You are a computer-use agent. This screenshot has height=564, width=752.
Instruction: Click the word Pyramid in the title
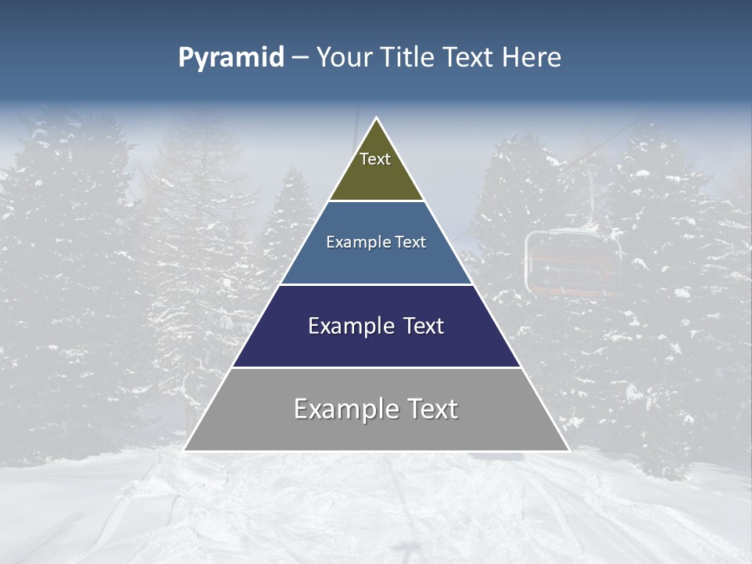coord(231,58)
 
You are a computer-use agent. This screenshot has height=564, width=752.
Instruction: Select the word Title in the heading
coord(409,58)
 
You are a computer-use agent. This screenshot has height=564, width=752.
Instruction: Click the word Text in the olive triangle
coord(375,159)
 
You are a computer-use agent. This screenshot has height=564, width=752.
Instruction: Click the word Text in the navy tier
coord(421,326)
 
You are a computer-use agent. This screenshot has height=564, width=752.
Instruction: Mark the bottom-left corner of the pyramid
coord(185,450)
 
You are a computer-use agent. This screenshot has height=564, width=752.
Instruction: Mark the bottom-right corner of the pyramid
coord(569,450)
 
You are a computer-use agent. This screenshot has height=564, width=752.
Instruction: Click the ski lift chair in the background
coord(573,262)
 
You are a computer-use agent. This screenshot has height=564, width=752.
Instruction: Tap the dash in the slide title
coord(300,58)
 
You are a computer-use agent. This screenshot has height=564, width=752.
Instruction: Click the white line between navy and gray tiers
coord(376,367)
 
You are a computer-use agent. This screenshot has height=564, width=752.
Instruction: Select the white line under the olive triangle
coord(376,201)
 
